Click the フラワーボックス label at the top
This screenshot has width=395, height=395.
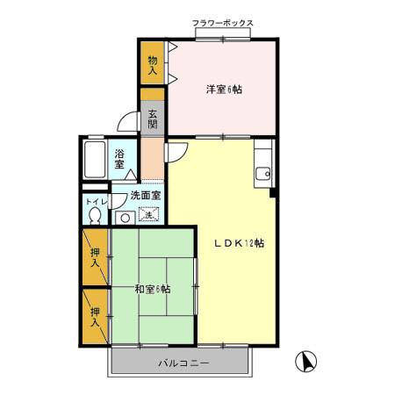223,23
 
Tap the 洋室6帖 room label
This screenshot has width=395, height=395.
224,89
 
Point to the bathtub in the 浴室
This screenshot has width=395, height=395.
96,160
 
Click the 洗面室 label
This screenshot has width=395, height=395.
145,196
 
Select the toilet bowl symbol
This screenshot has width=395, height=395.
95,216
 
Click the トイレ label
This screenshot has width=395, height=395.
95,201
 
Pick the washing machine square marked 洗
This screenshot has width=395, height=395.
149,214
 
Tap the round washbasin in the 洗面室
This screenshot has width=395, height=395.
125,216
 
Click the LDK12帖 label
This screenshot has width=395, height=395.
240,244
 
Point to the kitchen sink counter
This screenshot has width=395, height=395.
262,167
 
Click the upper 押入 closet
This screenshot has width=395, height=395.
95,255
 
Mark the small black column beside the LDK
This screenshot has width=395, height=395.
274,192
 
